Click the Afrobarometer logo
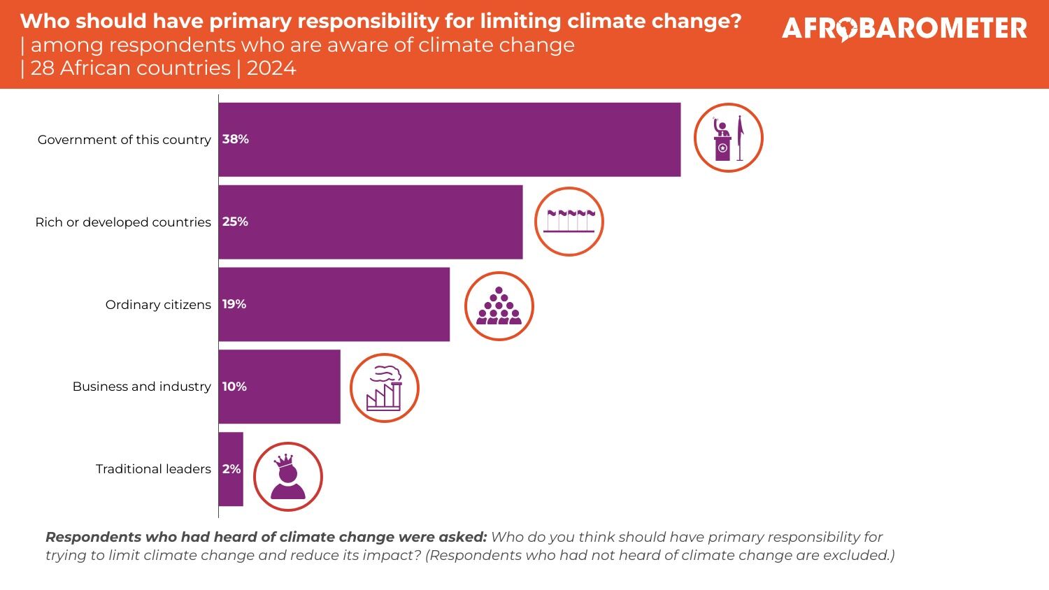coord(904,29)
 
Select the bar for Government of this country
coord(449,140)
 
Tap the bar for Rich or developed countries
coord(371,222)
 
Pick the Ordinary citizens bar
coord(334,305)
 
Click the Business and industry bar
coord(280,387)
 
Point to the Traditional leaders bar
coord(231,469)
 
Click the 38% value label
coord(236,139)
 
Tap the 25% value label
coord(236,222)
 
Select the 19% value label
coord(234,304)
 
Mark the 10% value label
coord(234,387)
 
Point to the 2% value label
coord(231,469)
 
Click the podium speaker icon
coord(728,138)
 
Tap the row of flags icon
coord(569,221)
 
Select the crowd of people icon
coord(499,306)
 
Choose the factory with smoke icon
coord(384,388)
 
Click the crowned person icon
coord(287,477)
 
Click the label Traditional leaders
coord(153,469)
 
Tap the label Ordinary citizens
coord(158,305)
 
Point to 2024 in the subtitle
coord(271,69)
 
